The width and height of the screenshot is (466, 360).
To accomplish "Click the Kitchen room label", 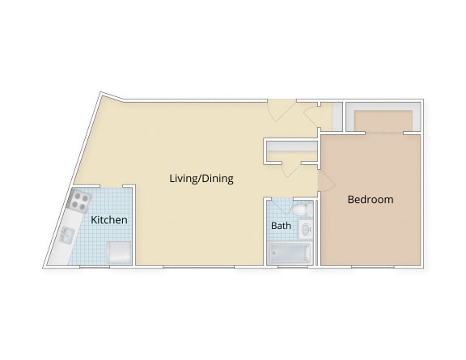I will (x=108, y=219).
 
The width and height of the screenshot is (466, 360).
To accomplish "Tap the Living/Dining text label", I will (x=201, y=178).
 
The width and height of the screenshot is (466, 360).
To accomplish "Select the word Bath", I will (x=281, y=226).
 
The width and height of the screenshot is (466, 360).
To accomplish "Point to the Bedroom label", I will (x=370, y=199).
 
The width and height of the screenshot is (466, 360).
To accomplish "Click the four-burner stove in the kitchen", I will (x=79, y=200).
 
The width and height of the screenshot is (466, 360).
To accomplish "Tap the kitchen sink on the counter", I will (x=66, y=235).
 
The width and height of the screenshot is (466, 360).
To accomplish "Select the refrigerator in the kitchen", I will (x=118, y=252).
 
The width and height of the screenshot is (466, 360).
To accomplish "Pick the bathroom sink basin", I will (x=306, y=231).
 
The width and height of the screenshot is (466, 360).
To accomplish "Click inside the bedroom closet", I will (x=382, y=117).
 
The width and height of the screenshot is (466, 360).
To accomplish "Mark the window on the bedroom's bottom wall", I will (x=372, y=266).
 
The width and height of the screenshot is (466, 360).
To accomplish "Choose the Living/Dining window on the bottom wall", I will (x=199, y=266).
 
